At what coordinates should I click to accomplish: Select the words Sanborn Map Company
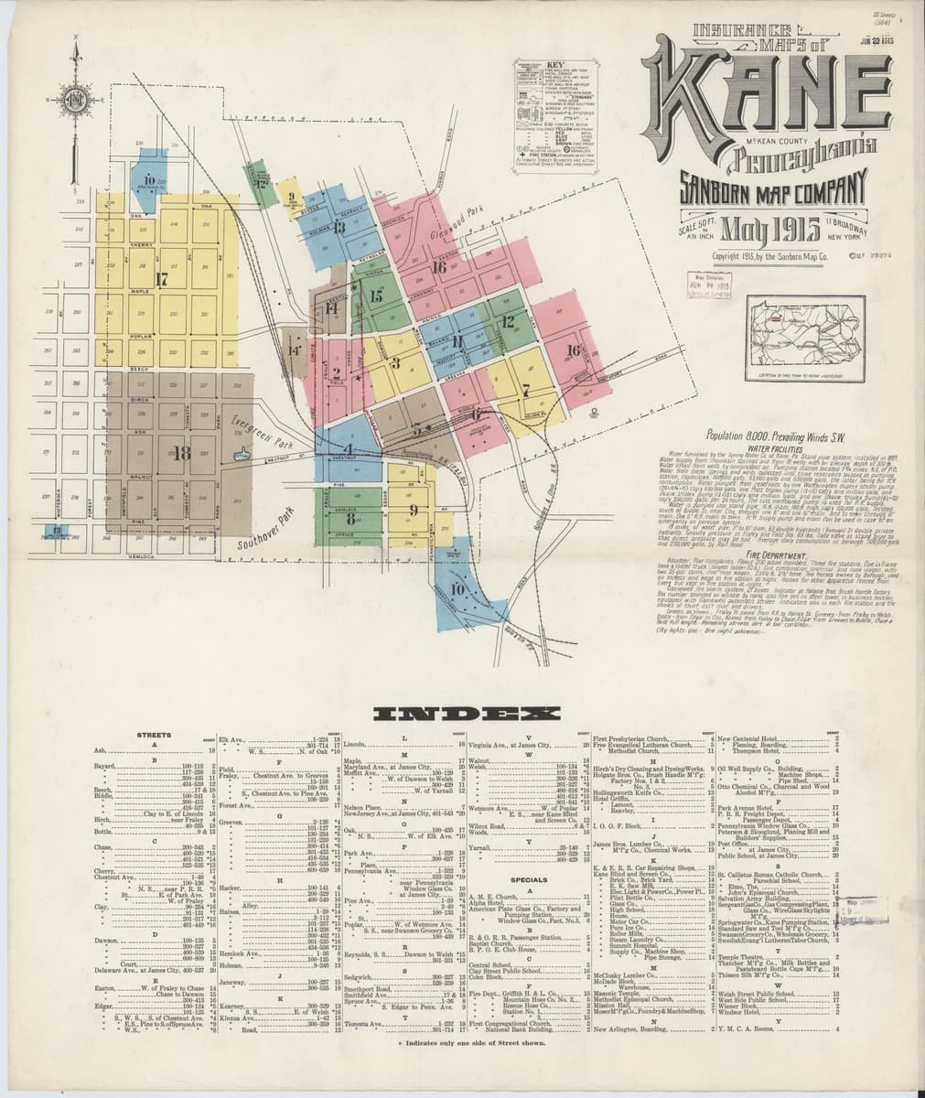[771, 189]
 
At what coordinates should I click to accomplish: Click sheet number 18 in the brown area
[181, 452]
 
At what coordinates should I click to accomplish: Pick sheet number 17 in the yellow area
[163, 280]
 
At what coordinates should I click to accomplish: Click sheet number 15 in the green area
[376, 296]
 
